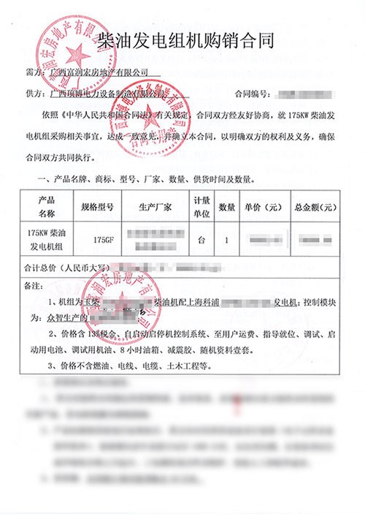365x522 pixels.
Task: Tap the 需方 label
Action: tap(34, 74)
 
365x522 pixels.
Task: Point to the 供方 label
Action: tap(34, 95)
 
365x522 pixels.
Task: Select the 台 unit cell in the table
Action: tap(201, 238)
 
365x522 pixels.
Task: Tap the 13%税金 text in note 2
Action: tap(88, 334)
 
